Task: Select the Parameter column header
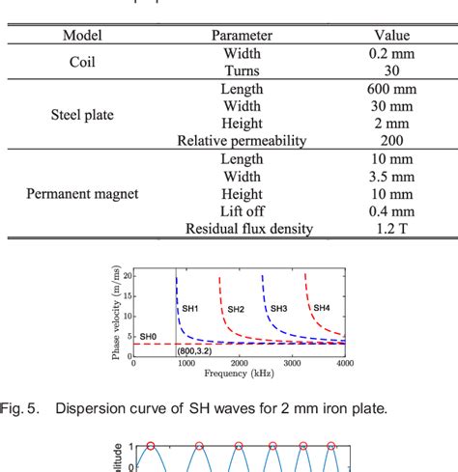coord(242,36)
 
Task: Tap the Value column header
coord(391,36)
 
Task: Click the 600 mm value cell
coord(391,88)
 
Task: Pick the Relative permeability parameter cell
coord(242,141)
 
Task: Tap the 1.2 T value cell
coord(391,229)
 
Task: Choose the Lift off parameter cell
coord(242,211)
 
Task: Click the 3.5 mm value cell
coord(391,177)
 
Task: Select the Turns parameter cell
coord(242,70)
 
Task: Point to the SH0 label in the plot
coord(148,336)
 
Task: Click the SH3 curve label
coord(279,308)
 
